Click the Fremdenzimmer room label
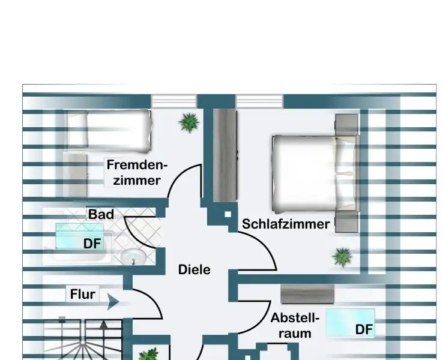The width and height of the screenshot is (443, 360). click(x=136, y=172)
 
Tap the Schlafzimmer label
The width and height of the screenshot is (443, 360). click(x=286, y=224)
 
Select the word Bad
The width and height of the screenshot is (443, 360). click(x=101, y=214)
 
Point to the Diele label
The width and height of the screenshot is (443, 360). click(x=194, y=270)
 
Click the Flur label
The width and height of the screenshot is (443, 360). click(x=83, y=295)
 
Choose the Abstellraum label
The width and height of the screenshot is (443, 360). click(x=295, y=325)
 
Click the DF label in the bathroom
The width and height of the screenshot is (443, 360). click(x=93, y=244)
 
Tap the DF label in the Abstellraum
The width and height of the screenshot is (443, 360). click(x=364, y=329)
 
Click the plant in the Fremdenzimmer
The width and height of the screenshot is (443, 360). click(x=189, y=122)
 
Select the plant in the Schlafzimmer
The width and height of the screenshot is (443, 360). click(x=343, y=257)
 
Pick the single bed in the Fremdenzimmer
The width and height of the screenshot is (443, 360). click(x=108, y=128)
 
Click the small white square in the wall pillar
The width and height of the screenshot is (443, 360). click(x=228, y=214)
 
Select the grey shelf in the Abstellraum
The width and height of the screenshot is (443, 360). click(x=307, y=293)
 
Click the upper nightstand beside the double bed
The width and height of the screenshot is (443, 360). click(x=346, y=125)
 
